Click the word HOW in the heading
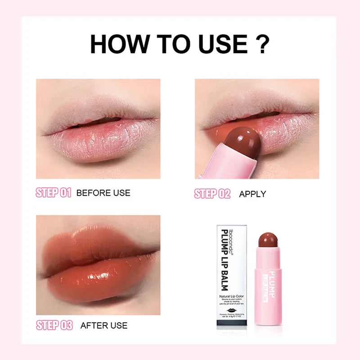pyautogui.click(x=118, y=44)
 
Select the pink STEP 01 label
pyautogui.click(x=54, y=193)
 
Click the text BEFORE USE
pyautogui.click(x=103, y=193)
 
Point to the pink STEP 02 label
pyautogui.click(x=212, y=194)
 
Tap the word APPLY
pyautogui.click(x=252, y=194)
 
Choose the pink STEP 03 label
pyautogui.click(x=54, y=325)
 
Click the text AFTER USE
pyautogui.click(x=104, y=325)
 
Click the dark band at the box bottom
pyautogui.click(x=231, y=322)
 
